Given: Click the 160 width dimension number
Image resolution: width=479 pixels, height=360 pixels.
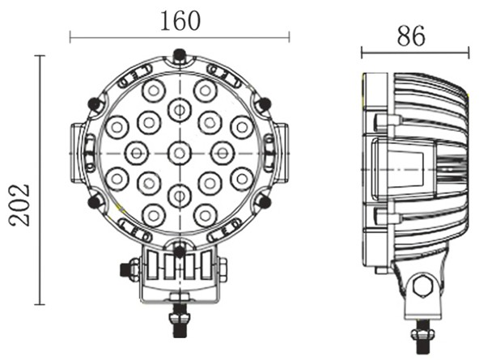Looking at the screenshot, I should (180, 19).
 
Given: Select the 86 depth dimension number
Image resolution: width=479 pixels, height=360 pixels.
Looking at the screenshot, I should (412, 36).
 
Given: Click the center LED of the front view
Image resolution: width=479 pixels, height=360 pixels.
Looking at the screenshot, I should (179, 151).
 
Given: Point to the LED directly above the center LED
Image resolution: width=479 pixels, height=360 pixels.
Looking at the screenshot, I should (179, 108).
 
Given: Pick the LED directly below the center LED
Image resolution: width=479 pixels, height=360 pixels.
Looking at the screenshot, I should (179, 194).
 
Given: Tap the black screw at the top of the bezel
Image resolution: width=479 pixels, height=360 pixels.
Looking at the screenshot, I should (179, 55).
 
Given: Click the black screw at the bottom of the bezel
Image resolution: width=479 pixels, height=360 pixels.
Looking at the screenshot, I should (179, 246).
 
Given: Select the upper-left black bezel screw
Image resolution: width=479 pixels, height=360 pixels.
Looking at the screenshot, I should (95, 104).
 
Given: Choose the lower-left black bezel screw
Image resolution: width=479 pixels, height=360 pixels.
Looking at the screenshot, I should (95, 200).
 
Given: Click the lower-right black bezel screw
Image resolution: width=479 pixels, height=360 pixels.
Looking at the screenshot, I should (263, 200).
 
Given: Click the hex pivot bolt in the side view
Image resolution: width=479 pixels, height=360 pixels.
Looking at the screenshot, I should (420, 286).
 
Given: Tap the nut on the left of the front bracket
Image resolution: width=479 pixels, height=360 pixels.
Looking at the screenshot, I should (129, 269).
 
